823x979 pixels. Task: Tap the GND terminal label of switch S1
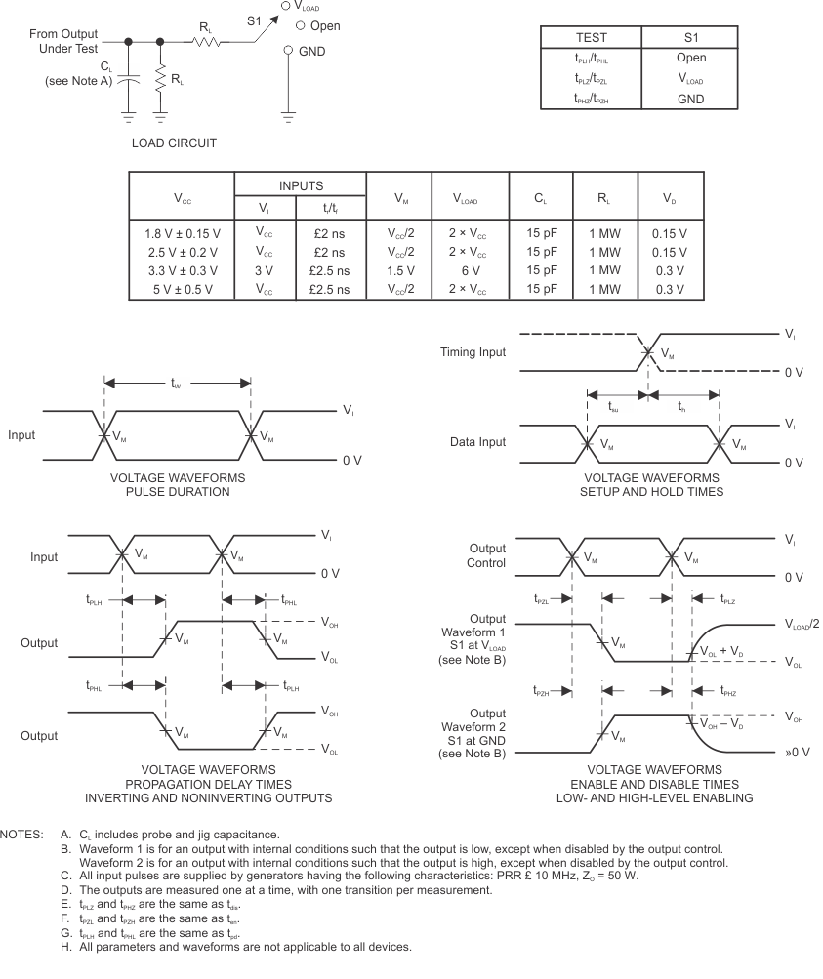(311, 52)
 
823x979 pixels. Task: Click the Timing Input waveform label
(473, 352)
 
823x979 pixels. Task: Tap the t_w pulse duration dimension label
(177, 385)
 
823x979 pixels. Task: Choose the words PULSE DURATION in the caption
(177, 492)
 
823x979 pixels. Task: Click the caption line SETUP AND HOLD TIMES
(653, 492)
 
